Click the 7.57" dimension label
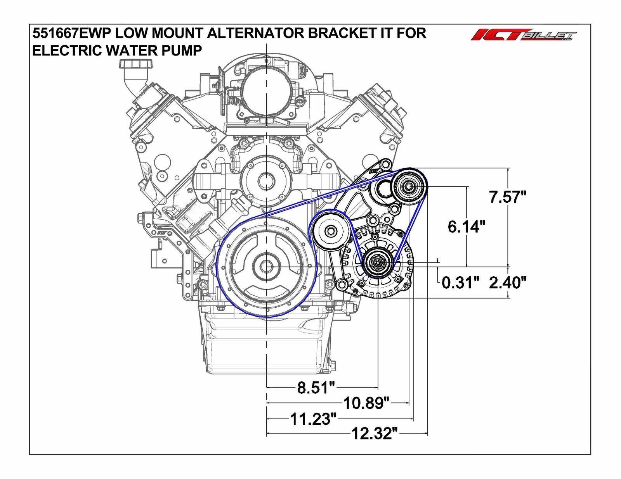point(507,197)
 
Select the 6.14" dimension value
point(466,226)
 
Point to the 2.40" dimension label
point(507,283)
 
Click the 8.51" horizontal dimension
point(316,387)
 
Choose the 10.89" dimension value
point(366,403)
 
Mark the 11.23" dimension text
point(313,419)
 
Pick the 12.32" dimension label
point(375,433)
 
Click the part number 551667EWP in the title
point(71,33)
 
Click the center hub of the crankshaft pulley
point(266,267)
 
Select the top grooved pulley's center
point(409,187)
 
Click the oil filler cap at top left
point(132,64)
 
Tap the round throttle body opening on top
point(267,91)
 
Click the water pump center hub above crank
point(266,180)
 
